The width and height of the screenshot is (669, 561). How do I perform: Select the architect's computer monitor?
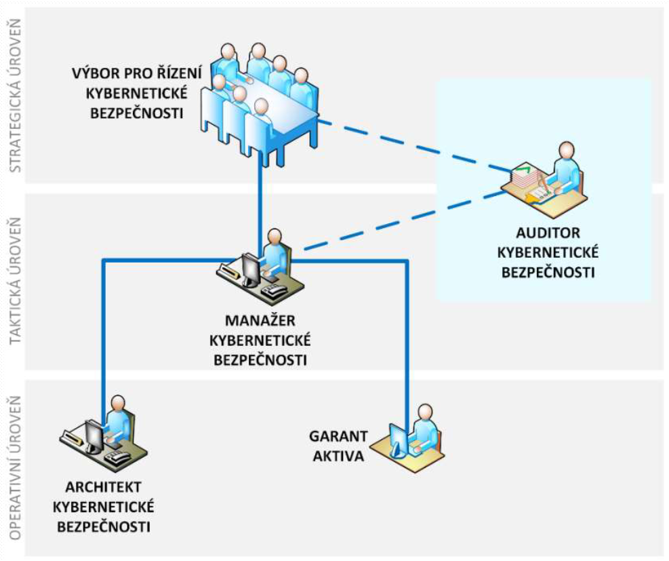(93, 435)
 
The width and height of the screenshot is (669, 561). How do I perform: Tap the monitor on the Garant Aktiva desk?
(399, 440)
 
